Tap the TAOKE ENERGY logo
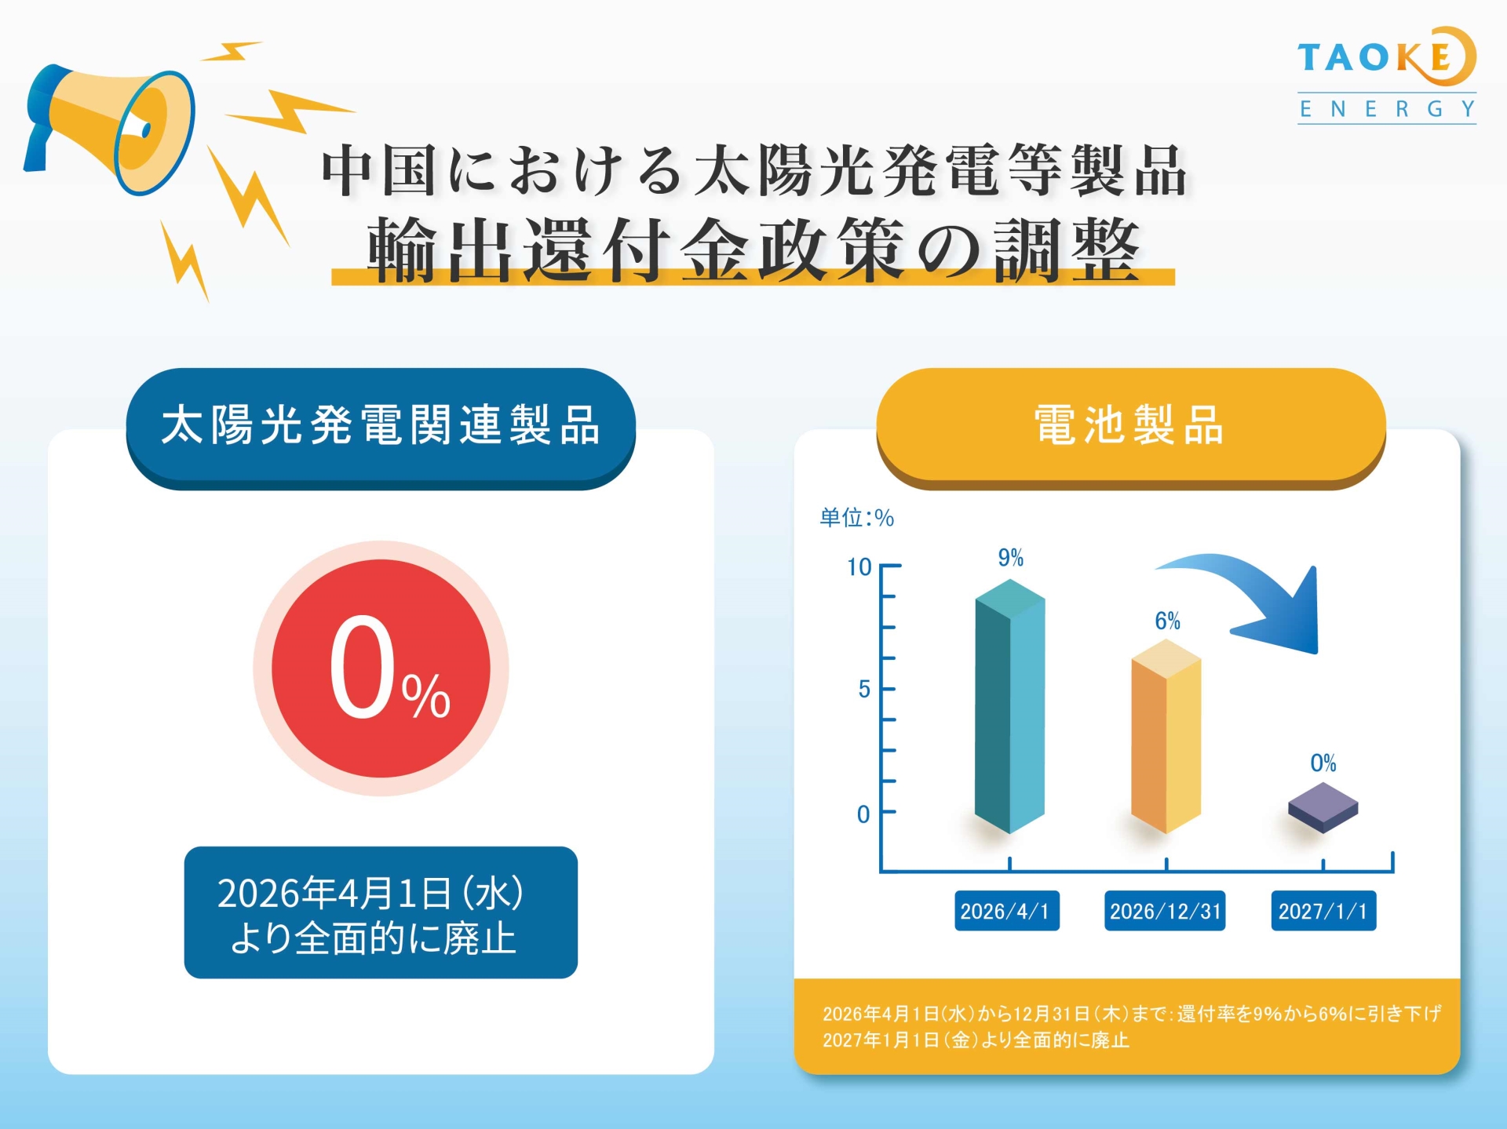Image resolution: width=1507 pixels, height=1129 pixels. (1387, 75)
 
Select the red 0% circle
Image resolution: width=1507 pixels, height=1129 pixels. (381, 668)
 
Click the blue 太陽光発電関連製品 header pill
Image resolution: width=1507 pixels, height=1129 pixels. (381, 428)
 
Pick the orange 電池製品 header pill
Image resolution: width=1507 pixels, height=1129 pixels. (1130, 428)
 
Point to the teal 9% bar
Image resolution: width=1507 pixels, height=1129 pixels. (1009, 706)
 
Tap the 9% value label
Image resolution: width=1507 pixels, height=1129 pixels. (1010, 558)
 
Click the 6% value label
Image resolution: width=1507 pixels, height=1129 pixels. (1167, 621)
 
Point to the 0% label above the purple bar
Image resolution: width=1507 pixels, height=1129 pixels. (1323, 763)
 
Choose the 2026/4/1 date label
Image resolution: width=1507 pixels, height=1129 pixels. (1007, 911)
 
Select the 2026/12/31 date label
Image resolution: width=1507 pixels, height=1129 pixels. (1165, 911)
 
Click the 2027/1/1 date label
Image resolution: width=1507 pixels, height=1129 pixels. (1323, 911)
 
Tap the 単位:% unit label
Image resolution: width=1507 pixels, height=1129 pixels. (856, 518)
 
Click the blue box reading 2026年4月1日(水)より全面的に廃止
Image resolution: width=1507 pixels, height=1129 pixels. (381, 912)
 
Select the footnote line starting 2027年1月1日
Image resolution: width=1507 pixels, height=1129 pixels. (976, 1040)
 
